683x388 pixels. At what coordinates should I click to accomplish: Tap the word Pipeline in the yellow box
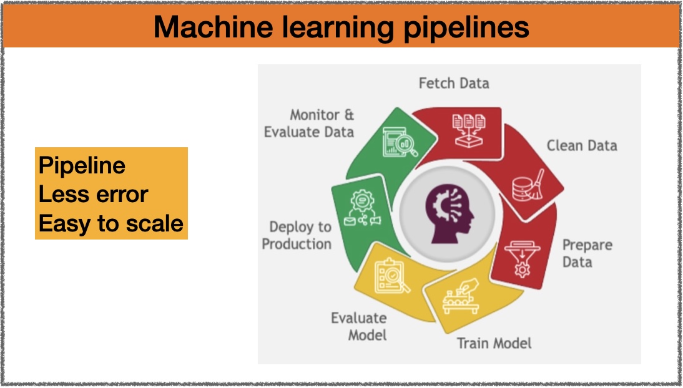click(82, 166)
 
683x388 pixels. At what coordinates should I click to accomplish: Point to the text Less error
click(93, 194)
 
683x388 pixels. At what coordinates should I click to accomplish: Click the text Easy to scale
click(111, 224)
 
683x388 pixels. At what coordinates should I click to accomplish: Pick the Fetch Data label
click(454, 83)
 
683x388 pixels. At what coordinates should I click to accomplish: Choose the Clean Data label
click(582, 145)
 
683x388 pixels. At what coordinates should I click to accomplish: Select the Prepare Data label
click(587, 253)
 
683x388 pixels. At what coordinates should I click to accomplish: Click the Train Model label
click(494, 343)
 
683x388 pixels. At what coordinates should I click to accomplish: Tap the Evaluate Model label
click(359, 327)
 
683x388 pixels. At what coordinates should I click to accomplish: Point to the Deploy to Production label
click(297, 235)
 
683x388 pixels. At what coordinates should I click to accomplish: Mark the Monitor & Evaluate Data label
click(309, 124)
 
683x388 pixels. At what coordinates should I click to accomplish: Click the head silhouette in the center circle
click(450, 213)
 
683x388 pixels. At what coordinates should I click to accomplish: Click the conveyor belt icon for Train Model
click(460, 296)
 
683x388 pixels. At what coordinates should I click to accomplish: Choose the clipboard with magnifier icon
click(392, 276)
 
